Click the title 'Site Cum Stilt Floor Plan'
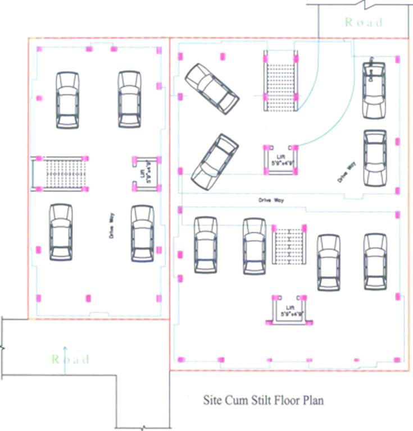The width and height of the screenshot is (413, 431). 264,401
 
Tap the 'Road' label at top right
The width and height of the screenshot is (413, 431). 364,22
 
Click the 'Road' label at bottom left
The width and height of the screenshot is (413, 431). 71,359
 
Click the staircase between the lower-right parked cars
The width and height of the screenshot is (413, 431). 289,245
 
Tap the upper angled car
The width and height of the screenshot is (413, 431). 212,88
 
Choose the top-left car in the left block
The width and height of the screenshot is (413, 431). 67,100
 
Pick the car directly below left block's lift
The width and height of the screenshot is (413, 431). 142,233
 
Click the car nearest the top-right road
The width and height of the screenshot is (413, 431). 374,90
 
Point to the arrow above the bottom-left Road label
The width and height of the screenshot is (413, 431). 65,351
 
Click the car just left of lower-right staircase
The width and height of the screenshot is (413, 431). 254,246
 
